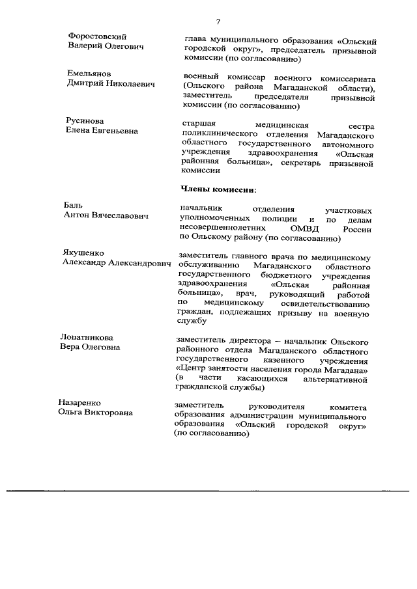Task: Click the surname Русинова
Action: (85, 121)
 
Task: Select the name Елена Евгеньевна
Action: (102, 131)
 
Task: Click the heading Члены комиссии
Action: (218, 189)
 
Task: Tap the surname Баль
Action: (73, 206)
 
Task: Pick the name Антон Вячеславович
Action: (106, 216)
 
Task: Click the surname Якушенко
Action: (83, 253)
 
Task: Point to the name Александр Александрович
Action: (117, 263)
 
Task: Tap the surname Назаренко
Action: (83, 402)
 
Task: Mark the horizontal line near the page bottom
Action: (208, 490)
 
